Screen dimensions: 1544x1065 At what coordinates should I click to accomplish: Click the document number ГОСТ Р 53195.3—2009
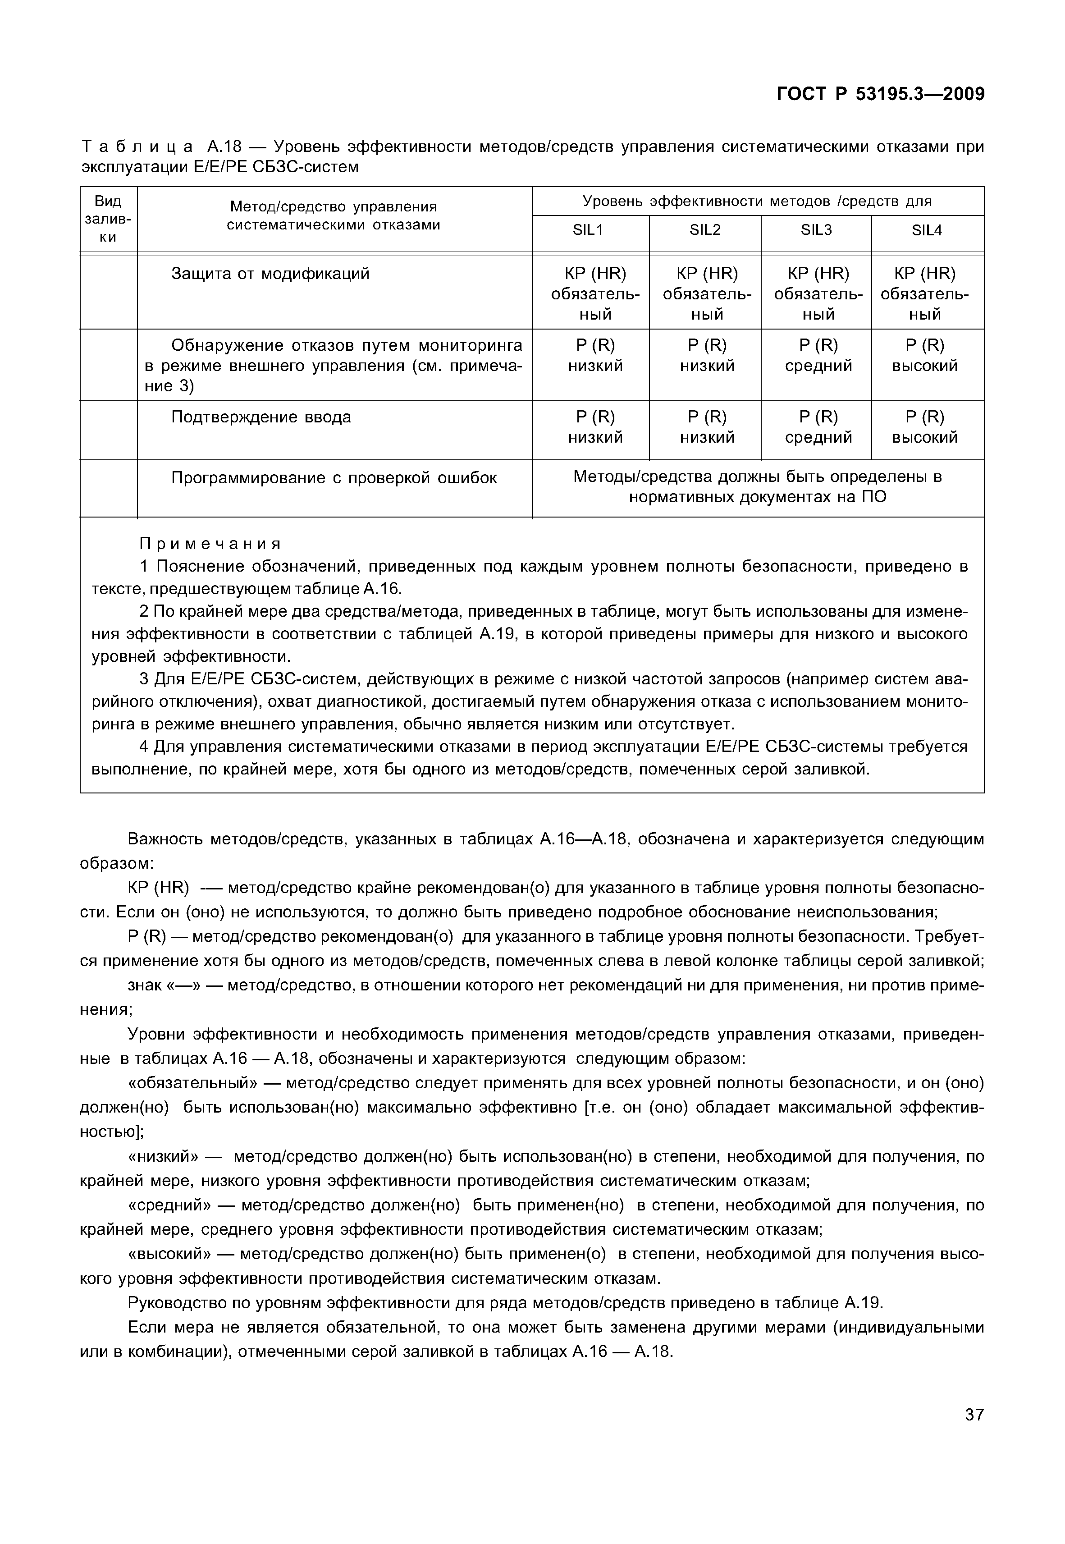(x=880, y=94)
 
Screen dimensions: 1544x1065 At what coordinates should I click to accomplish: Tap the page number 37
(x=974, y=1433)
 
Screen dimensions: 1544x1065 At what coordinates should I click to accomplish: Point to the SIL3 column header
(x=815, y=230)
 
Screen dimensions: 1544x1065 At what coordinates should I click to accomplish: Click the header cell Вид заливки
(x=108, y=219)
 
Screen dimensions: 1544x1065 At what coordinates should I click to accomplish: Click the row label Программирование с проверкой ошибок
(x=334, y=478)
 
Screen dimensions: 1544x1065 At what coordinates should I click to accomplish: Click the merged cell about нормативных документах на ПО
(x=757, y=487)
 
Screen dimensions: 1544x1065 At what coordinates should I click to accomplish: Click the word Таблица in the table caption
(x=137, y=146)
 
